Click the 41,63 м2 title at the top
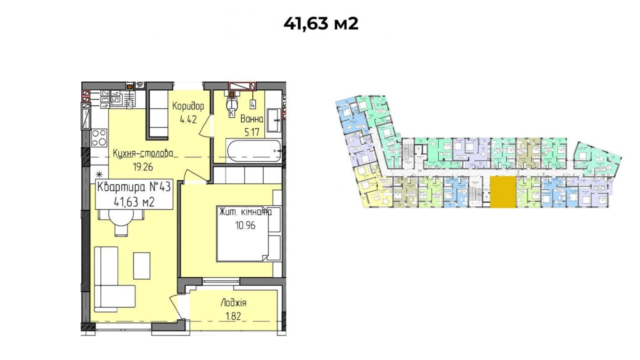pyautogui.click(x=320, y=24)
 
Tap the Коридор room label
pyautogui.click(x=188, y=106)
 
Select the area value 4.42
pyautogui.click(x=188, y=120)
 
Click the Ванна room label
pyautogui.click(x=252, y=119)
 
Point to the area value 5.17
pyautogui.click(x=252, y=132)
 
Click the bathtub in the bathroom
pyautogui.click(x=254, y=151)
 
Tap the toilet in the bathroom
pyautogui.click(x=231, y=104)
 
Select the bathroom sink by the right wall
pyautogui.click(x=274, y=120)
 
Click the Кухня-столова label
pyautogui.click(x=143, y=153)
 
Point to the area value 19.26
pyautogui.click(x=143, y=167)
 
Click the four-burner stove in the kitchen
pyautogui.click(x=99, y=137)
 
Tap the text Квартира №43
pyautogui.click(x=134, y=187)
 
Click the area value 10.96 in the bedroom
pyautogui.click(x=245, y=226)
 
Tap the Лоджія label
pyautogui.click(x=233, y=303)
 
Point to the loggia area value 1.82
pyautogui.click(x=233, y=316)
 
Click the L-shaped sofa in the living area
pyautogui.click(x=110, y=280)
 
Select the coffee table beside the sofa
pyautogui.click(x=141, y=265)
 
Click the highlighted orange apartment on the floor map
pyautogui.click(x=502, y=192)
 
